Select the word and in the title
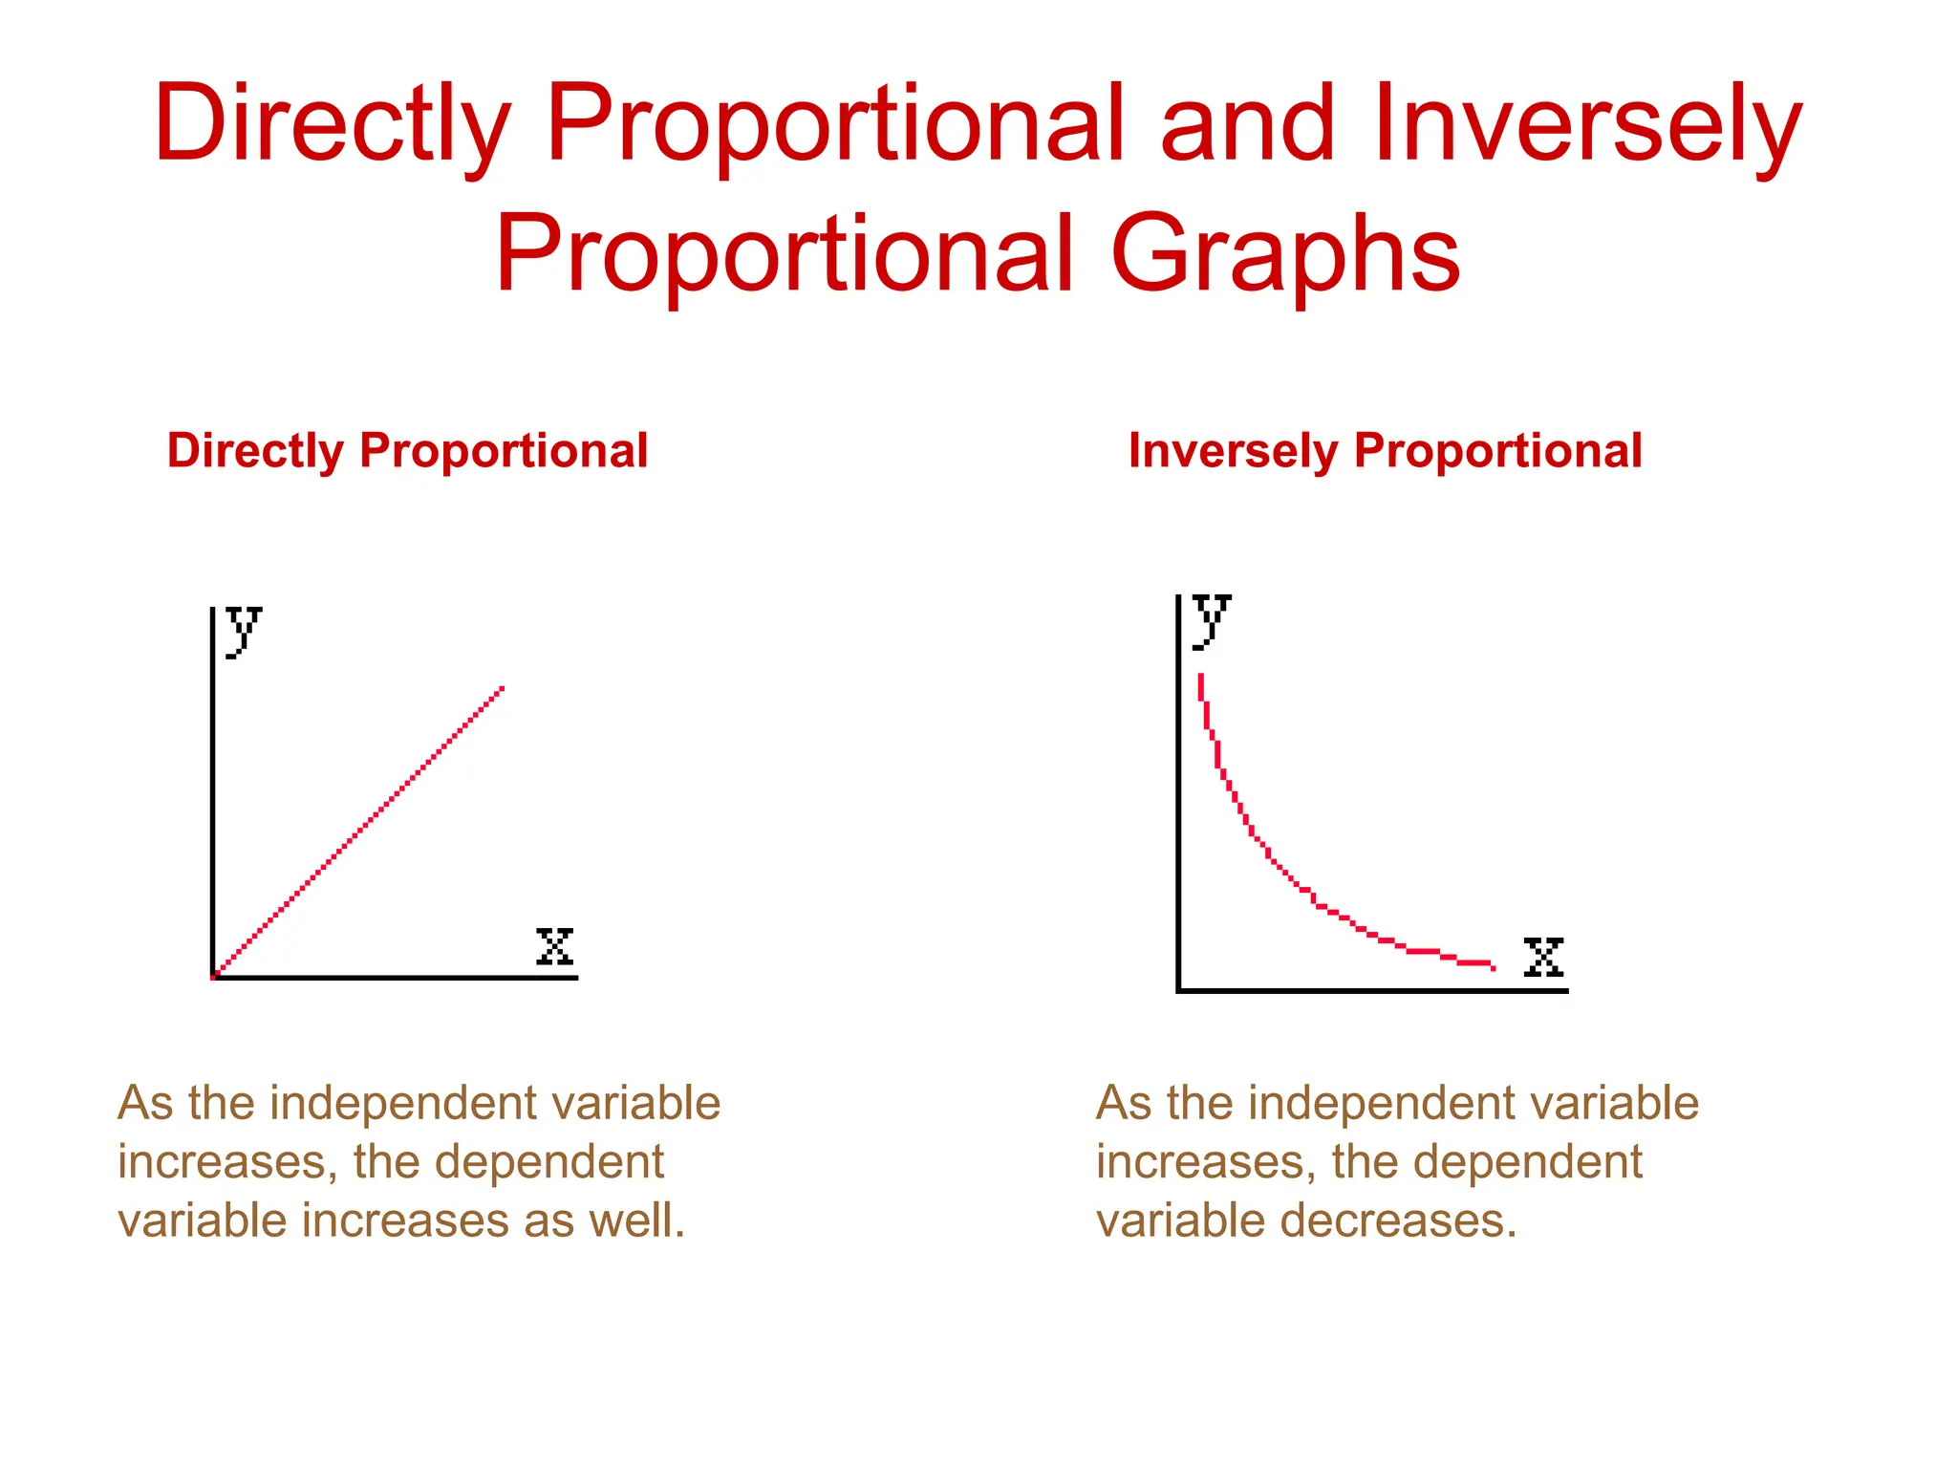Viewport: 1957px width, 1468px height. [x=1246, y=124]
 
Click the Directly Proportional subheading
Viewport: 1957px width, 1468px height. [x=407, y=450]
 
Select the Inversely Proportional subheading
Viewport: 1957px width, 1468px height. [x=1385, y=450]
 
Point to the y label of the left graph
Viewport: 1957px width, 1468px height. [x=243, y=631]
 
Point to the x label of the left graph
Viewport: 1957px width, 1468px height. [x=554, y=946]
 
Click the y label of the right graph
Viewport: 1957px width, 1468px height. [x=1211, y=619]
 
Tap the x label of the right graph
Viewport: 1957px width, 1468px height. [x=1543, y=957]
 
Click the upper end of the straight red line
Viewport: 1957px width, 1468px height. [x=501, y=688]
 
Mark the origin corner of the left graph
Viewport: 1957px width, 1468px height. [x=213, y=977]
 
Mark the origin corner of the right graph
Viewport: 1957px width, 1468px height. [x=1179, y=990]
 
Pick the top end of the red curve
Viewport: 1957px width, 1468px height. [x=1200, y=677]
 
